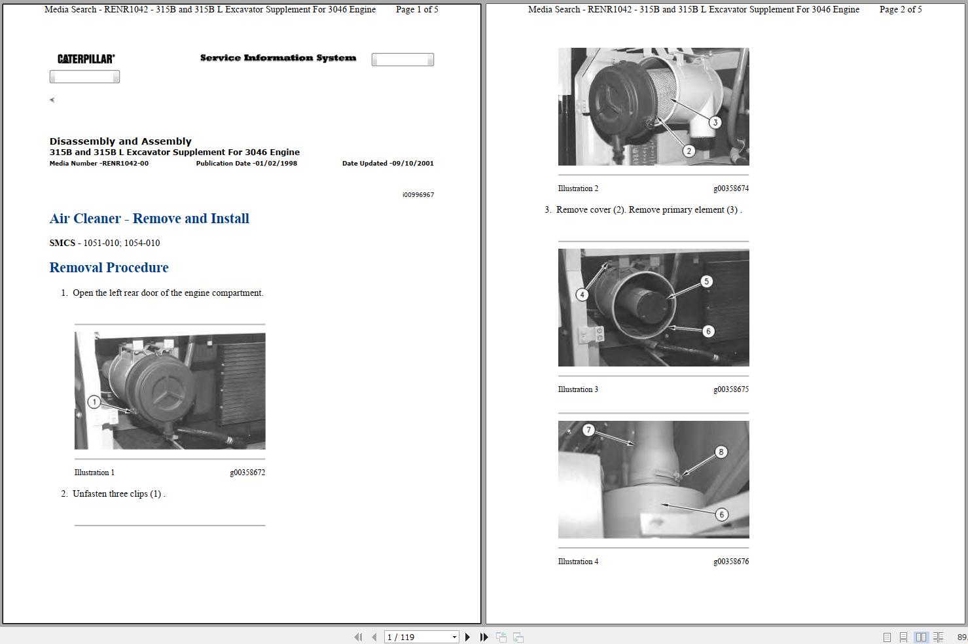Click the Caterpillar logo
coord(86,59)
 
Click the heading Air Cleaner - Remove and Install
coord(149,219)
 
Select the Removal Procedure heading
coord(109,268)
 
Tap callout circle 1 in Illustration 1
coord(94,402)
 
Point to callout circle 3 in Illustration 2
coord(715,122)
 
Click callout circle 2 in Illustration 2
coord(689,151)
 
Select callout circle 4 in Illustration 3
coord(582,295)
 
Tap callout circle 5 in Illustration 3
coord(706,281)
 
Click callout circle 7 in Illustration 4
coord(588,430)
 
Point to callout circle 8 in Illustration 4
coord(721,452)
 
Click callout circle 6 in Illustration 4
coord(721,514)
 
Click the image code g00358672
coord(247,473)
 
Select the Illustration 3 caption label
coord(578,389)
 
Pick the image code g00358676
coord(731,562)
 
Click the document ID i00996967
coord(418,195)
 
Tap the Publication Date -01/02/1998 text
coord(246,164)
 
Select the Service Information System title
coord(278,58)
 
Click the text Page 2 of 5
coord(901,9)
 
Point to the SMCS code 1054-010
coord(142,243)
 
